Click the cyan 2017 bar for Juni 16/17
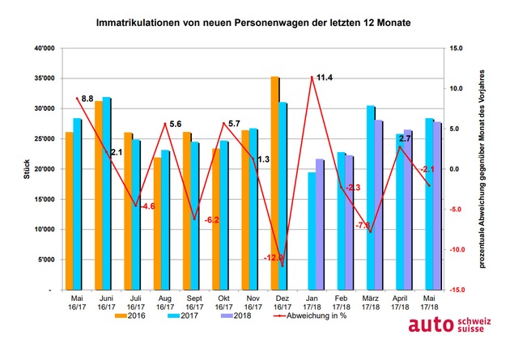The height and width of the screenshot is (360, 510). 107,193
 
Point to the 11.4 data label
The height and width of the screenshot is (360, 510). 324,78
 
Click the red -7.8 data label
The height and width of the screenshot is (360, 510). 362,225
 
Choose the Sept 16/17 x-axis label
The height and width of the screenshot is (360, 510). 193,303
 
